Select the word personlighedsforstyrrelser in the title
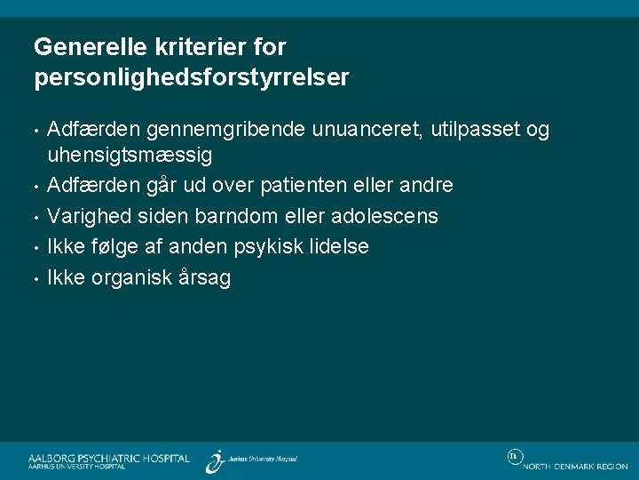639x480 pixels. coord(191,78)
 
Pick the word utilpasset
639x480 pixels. coord(475,131)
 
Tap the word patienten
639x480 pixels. coord(322,186)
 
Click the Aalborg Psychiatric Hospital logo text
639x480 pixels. coord(108,459)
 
